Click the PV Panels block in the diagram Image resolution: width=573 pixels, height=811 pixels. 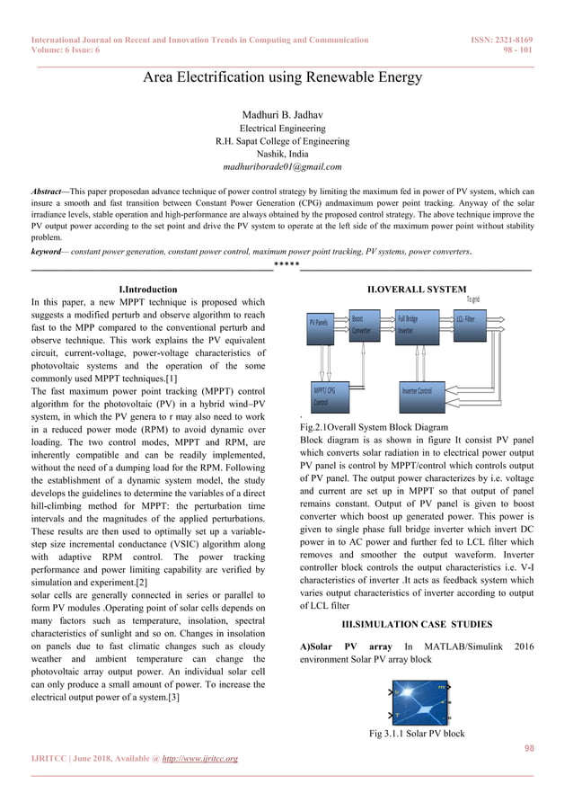coord(318,321)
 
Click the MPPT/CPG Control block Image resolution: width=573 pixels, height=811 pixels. coord(324,396)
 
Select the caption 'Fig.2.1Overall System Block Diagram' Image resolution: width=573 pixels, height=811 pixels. coord(373,427)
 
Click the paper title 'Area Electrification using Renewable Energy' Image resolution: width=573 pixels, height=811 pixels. coord(283,77)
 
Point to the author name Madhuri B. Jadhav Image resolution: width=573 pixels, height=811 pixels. coord(283,115)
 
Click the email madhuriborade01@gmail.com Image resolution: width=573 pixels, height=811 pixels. coord(283,166)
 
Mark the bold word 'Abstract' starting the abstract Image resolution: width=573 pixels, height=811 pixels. coord(46,192)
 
